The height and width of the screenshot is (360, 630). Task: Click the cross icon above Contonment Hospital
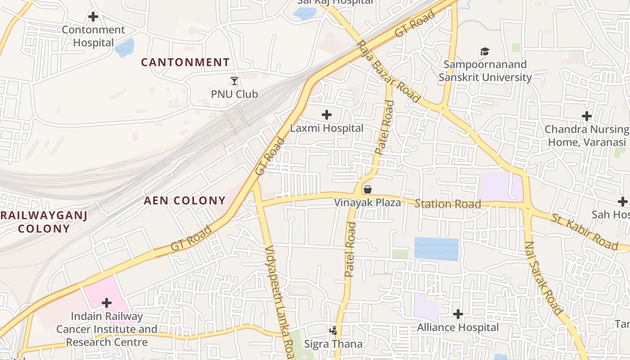click(93, 17)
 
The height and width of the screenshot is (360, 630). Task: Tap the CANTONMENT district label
click(185, 63)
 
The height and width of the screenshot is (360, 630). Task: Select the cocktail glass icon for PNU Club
click(234, 81)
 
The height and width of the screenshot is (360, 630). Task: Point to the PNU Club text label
click(234, 94)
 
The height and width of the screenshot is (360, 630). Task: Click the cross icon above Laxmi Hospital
click(327, 115)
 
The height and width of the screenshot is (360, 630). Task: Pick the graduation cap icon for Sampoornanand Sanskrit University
click(485, 52)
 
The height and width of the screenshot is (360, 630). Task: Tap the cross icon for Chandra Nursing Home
click(586, 116)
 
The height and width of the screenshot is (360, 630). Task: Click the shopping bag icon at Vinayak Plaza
click(368, 189)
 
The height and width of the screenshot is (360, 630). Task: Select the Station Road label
click(447, 204)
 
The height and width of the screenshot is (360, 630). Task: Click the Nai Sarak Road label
click(544, 277)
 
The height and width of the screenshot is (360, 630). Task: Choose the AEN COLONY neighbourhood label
click(184, 201)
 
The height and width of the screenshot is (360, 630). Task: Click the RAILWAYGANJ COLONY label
click(44, 222)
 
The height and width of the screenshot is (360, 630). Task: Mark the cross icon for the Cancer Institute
click(107, 303)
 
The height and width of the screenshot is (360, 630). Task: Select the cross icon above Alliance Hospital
click(458, 314)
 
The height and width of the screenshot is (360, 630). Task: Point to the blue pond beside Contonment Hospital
click(125, 47)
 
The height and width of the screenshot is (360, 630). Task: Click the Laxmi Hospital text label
click(327, 128)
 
